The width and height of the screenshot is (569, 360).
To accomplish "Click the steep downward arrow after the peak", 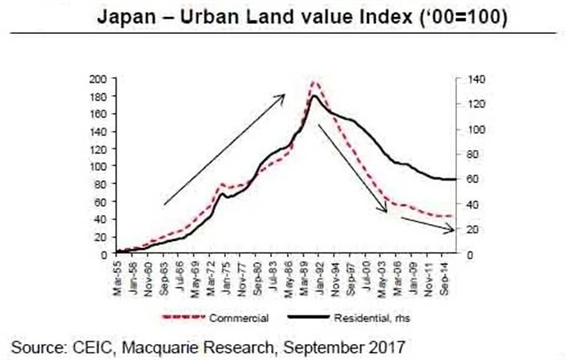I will [352, 168].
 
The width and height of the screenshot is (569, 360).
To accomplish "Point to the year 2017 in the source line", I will [389, 343].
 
